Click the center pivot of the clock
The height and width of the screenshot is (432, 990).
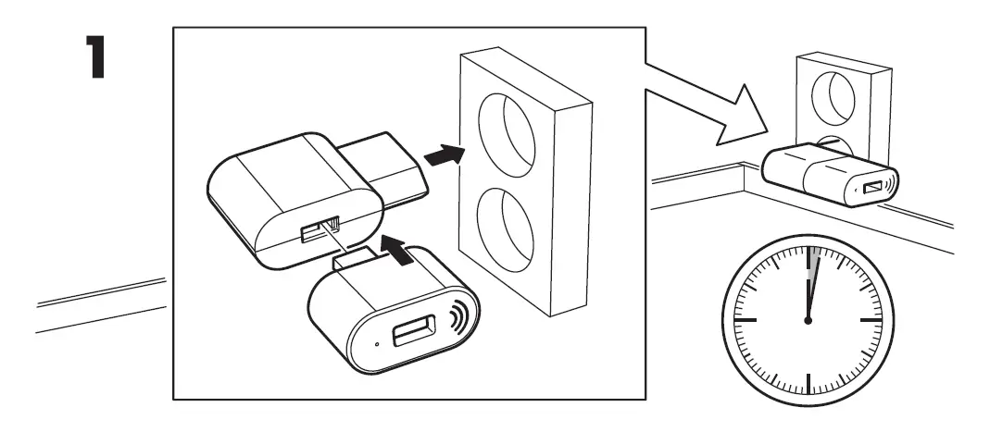pos(808,320)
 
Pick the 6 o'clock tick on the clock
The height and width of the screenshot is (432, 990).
pos(808,384)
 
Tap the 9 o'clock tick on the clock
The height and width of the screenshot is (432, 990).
pos(745,320)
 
